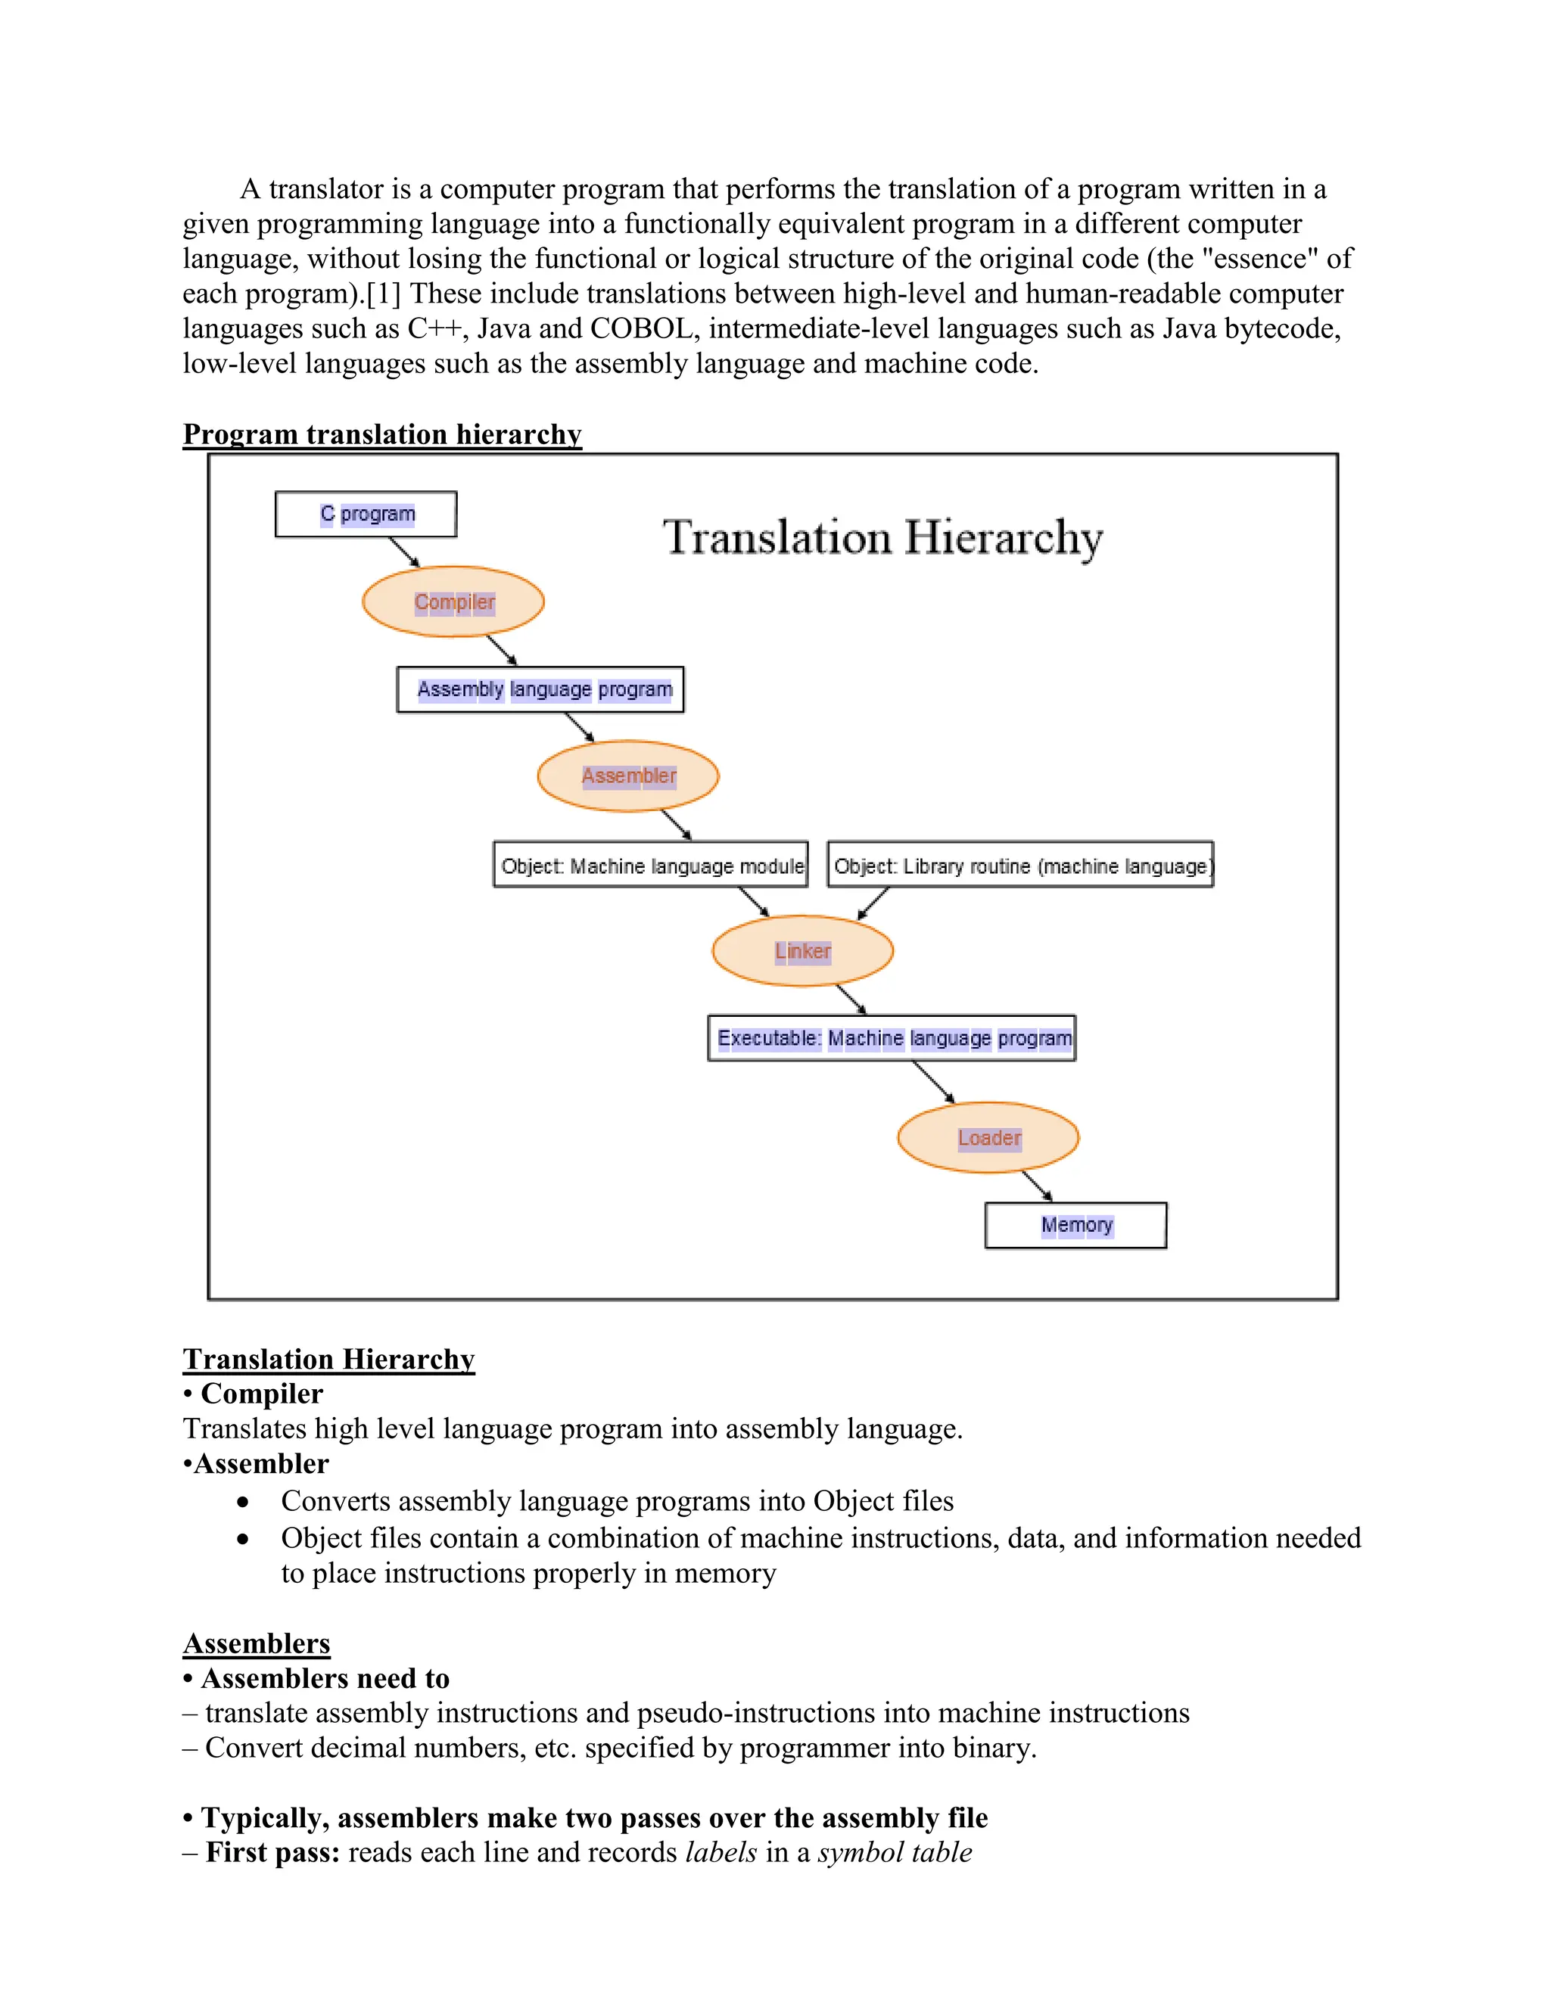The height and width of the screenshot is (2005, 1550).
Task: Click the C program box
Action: [x=366, y=514]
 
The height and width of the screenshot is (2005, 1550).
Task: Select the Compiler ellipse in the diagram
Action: [x=453, y=602]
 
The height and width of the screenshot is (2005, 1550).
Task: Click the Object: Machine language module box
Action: [x=650, y=866]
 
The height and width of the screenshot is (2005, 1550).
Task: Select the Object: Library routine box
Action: [x=1020, y=866]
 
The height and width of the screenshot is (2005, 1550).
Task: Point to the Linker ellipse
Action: [x=802, y=951]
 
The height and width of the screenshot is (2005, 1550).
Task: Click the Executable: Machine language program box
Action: [x=892, y=1038]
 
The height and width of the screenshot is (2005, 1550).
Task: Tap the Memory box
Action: [x=1075, y=1226]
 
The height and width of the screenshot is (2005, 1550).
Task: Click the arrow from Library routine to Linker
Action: [x=873, y=903]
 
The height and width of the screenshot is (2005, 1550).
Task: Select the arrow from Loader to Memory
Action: [x=1038, y=1186]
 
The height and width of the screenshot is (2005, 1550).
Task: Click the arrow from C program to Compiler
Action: [x=404, y=552]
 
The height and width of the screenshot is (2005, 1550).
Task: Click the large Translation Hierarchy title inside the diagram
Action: [x=882, y=538]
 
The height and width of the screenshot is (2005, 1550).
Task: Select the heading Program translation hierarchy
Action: [x=382, y=434]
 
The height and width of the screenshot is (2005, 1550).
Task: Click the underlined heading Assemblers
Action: [x=257, y=1643]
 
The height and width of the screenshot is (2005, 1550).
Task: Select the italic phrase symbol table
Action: [x=895, y=1853]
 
